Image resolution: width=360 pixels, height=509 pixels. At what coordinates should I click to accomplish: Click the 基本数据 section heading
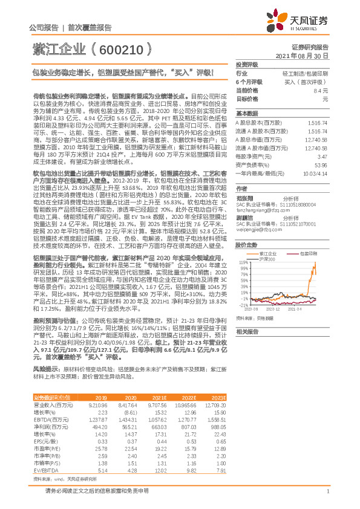(246, 113)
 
